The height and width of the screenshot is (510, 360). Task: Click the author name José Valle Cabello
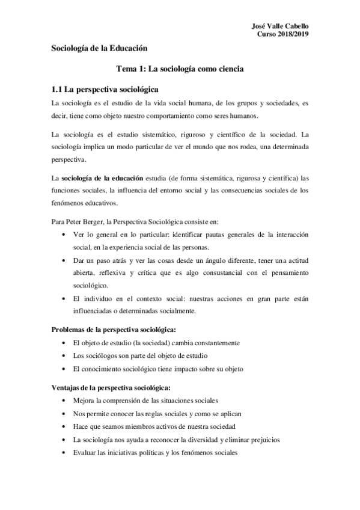[x=283, y=26]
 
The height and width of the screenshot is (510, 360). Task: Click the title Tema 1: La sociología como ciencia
[x=180, y=69]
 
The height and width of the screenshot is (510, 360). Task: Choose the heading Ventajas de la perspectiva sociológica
[x=112, y=387]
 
